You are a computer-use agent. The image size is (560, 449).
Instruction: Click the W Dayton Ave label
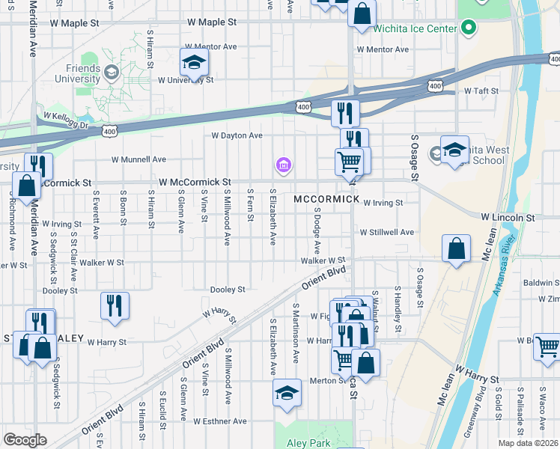[x=237, y=135]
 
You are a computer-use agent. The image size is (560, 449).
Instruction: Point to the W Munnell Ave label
[x=139, y=159]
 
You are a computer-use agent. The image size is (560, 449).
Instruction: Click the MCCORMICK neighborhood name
[x=327, y=200]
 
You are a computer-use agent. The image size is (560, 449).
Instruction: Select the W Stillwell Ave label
[x=386, y=233]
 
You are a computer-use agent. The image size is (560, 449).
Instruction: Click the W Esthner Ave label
[x=219, y=421]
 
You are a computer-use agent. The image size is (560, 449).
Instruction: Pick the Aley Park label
[x=308, y=443]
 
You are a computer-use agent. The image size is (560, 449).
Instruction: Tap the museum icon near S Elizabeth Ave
[x=284, y=165]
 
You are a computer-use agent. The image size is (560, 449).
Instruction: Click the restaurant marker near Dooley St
[x=115, y=305]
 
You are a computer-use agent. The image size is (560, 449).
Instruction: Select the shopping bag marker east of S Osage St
[x=456, y=249]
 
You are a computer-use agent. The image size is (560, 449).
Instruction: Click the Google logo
[x=25, y=440]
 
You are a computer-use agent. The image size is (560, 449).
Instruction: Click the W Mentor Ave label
[x=383, y=49]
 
